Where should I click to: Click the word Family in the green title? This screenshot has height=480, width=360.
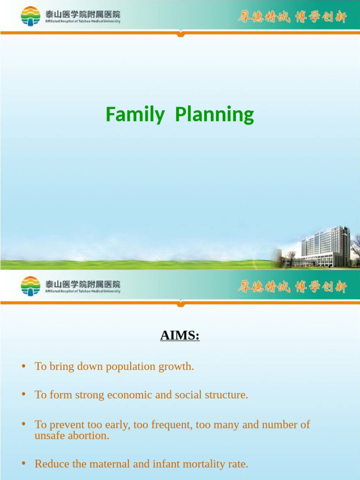click(x=135, y=115)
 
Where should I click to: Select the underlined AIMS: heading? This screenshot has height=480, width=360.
click(x=180, y=336)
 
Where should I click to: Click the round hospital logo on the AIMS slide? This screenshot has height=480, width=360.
click(x=31, y=286)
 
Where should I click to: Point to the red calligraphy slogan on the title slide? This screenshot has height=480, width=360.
click(x=292, y=17)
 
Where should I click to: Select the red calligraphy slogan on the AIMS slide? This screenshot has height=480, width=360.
click(x=292, y=286)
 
